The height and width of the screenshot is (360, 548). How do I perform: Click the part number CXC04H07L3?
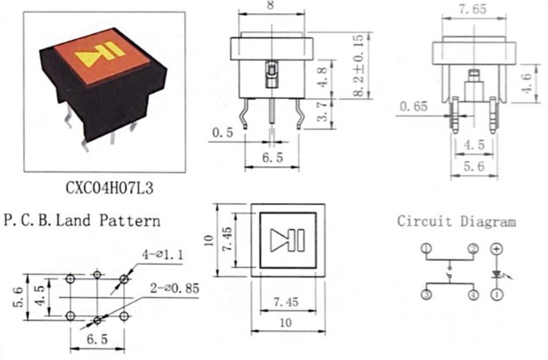pyautogui.click(x=110, y=188)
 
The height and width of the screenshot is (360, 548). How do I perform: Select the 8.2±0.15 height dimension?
pyautogui.click(x=358, y=65)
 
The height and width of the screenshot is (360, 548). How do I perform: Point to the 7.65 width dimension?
pyautogui.click(x=472, y=9)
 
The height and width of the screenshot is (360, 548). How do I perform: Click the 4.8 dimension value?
pyautogui.click(x=323, y=77)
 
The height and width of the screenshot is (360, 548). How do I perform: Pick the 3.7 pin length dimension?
pyautogui.click(x=322, y=111)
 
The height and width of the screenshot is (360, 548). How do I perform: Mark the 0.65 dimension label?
pyautogui.click(x=414, y=106)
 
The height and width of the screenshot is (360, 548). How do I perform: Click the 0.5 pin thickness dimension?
pyautogui.click(x=222, y=133)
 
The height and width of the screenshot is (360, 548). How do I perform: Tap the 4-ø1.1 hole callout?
pyautogui.click(x=163, y=254)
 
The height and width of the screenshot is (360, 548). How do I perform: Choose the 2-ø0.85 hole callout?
pyautogui.click(x=174, y=288)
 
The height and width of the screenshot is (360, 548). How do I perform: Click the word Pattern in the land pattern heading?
pyautogui.click(x=130, y=220)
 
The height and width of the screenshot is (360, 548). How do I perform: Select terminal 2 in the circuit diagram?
pyautogui.click(x=473, y=249)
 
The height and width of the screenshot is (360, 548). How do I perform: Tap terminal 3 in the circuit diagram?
pyautogui.click(x=426, y=295)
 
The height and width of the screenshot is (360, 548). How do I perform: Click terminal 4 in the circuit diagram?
pyautogui.click(x=473, y=295)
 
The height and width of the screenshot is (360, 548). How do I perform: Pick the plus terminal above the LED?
pyautogui.click(x=497, y=249)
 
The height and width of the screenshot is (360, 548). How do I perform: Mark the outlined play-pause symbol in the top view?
pyautogui.click(x=288, y=240)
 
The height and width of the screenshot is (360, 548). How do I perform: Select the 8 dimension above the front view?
pyautogui.click(x=271, y=5)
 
